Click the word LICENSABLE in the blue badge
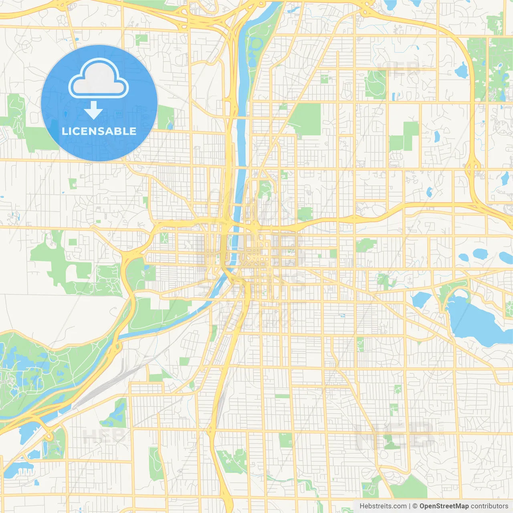tap(99, 131)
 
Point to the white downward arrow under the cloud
tap(93, 110)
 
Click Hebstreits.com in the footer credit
tap(383, 506)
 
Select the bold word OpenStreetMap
tap(444, 506)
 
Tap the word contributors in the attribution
tap(489, 506)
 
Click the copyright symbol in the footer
tap(415, 506)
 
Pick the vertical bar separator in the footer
tap(410, 506)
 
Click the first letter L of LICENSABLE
tap(64, 131)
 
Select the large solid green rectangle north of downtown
tap(307, 118)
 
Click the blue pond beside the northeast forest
tap(461, 71)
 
